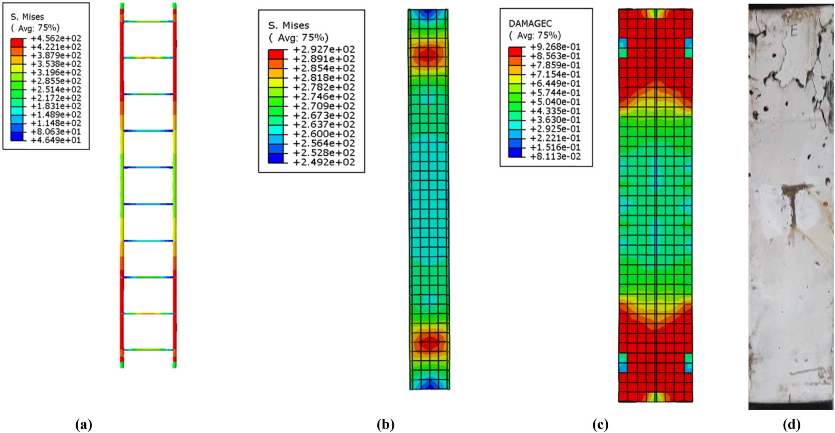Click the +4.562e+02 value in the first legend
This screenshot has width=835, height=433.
[56, 38]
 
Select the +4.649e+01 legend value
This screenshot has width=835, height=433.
[56, 140]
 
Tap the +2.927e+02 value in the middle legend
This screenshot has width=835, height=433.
[324, 49]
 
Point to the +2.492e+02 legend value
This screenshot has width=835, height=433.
[324, 162]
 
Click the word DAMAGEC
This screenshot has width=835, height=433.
[530, 23]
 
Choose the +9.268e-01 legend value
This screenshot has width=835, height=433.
[555, 47]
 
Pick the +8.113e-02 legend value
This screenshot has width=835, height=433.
[555, 157]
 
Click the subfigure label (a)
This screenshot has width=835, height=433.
[84, 425]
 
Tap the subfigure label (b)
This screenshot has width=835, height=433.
[385, 425]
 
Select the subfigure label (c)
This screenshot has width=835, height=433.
[600, 425]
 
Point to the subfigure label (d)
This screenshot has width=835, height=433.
[791, 425]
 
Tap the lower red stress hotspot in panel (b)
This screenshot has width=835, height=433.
[429, 343]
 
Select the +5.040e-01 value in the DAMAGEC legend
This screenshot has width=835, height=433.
[555, 102]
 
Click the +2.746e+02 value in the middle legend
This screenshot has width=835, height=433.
[324, 96]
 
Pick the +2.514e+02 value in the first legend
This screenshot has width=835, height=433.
[56, 89]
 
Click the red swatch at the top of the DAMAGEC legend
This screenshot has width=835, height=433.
[515, 51]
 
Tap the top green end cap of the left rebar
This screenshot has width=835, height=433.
[122, 6]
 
